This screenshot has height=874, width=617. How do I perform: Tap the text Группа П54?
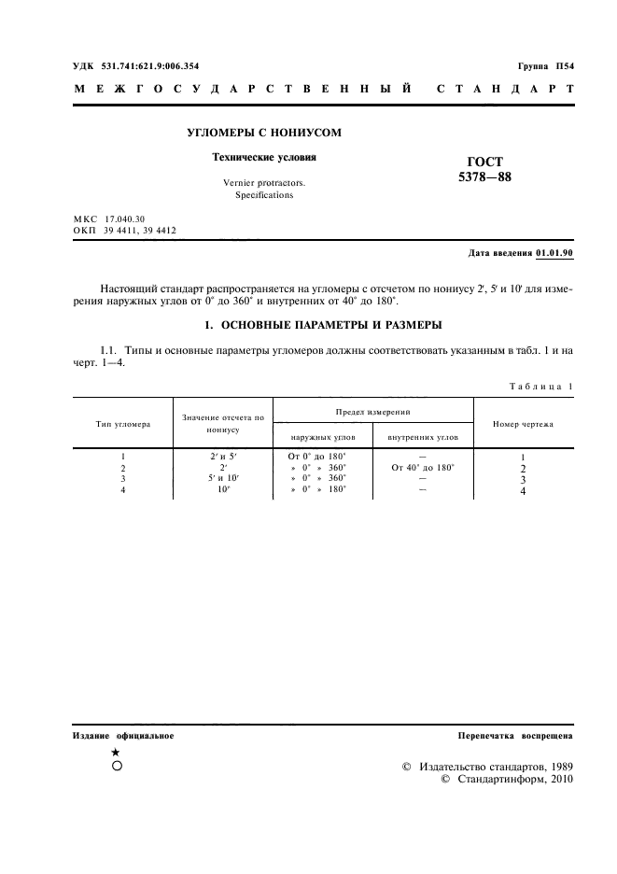545,66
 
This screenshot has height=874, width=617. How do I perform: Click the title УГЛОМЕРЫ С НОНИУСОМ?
265,133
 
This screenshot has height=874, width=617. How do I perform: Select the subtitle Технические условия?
265,158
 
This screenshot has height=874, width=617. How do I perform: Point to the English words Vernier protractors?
265,184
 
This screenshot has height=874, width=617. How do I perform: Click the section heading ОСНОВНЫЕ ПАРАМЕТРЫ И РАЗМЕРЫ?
323,325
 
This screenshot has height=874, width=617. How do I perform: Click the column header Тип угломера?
123,424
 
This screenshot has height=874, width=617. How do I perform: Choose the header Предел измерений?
373,411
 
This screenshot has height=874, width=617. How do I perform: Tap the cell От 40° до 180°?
423,467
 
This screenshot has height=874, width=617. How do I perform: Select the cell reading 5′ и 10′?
223,478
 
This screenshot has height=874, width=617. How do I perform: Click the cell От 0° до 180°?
318,456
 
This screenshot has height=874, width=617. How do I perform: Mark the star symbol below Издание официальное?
115,752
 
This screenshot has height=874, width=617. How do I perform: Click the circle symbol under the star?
115,766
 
